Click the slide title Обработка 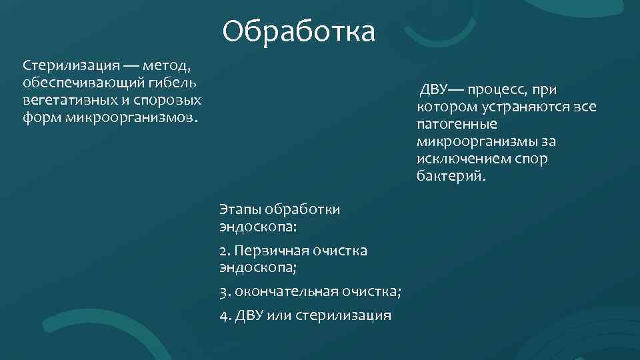(x=299, y=31)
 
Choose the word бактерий (x=451, y=177)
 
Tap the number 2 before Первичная (x=223, y=251)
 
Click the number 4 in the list (x=223, y=315)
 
